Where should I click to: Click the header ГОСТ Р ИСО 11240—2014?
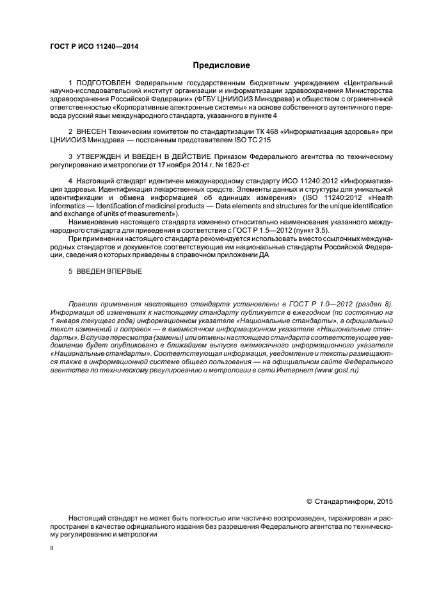pyautogui.click(x=93, y=47)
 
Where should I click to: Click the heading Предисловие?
pyautogui.click(x=221, y=65)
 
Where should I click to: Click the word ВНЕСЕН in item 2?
pyautogui.click(x=93, y=131)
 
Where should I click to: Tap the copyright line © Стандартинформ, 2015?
pyautogui.click(x=351, y=501)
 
